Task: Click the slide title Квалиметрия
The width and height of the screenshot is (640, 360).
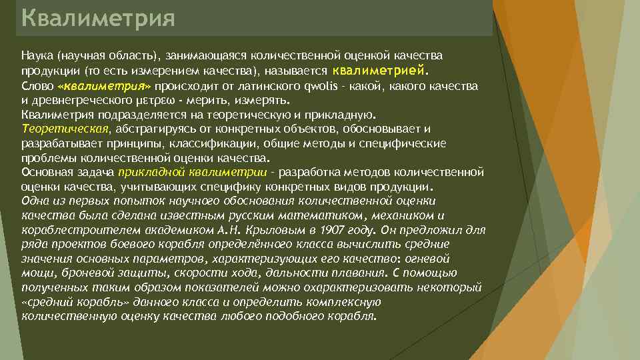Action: (98, 18)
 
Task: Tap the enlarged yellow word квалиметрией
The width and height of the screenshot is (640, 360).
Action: (378, 69)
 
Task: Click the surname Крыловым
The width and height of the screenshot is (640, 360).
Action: (271, 230)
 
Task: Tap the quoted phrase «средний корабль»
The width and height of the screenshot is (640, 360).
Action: (69, 301)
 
